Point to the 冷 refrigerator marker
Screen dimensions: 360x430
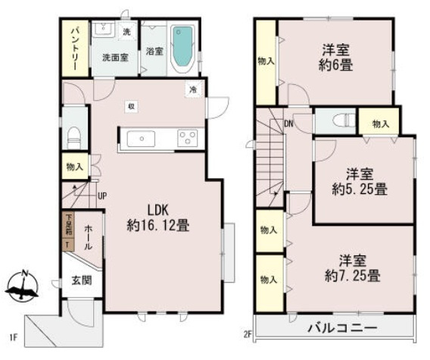coord(193,90)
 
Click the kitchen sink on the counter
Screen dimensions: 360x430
coord(142,139)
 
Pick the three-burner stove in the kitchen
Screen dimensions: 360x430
coord(186,139)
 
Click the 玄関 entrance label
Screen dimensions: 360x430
coord(81,280)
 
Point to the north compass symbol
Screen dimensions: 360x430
coord(23,286)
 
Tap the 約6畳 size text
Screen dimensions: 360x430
coord(335,66)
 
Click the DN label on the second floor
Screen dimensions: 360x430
coord(288,124)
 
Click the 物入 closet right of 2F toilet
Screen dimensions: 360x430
coord(380,124)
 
